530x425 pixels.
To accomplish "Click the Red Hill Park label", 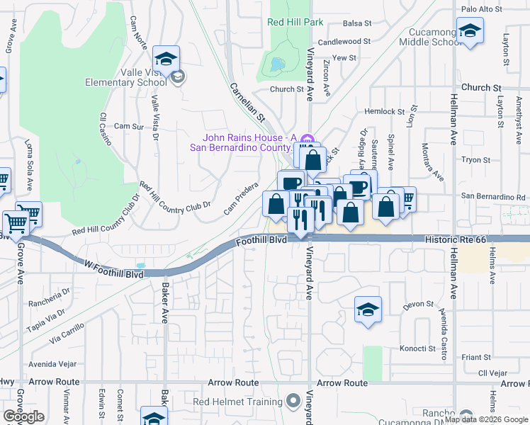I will pyautogui.click(x=295, y=22).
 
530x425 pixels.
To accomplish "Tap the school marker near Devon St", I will pyautogui.click(x=368, y=310).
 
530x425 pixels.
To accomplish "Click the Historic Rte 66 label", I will pyautogui.click(x=456, y=240).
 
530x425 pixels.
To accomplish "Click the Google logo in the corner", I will pyautogui.click(x=23, y=416).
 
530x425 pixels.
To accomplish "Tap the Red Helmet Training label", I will pyautogui.click(x=237, y=402).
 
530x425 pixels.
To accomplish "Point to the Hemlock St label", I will pyautogui.click(x=383, y=111).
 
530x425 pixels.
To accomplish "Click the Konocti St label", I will pyautogui.click(x=417, y=348).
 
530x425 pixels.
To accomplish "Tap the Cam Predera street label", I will pyautogui.click(x=241, y=202).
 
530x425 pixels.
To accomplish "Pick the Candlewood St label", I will pyautogui.click(x=344, y=42).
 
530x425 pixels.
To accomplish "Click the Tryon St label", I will pyautogui.click(x=471, y=160).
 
